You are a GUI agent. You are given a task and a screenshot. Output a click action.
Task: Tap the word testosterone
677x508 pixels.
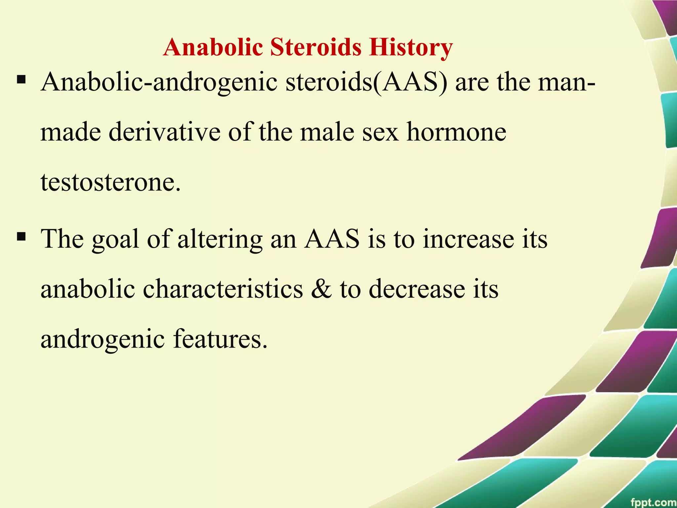tap(111, 183)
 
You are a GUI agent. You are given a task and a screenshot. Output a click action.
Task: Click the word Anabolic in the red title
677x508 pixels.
tap(213, 47)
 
